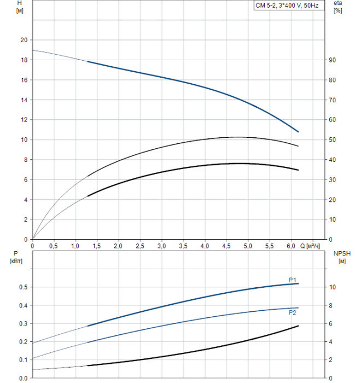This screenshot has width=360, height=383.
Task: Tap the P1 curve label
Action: pos(293,280)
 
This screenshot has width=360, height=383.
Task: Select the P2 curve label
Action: pos(293,312)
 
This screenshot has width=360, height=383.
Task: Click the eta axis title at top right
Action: pos(338,7)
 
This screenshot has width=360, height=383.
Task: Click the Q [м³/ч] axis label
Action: pos(310,246)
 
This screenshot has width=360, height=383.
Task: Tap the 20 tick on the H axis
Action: pos(23,40)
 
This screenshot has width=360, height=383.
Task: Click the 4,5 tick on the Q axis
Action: pos(227,246)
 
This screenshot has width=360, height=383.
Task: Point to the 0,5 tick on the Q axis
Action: pos(54,246)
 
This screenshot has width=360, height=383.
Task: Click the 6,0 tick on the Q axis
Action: pos(291,246)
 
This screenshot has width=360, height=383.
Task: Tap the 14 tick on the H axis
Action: pos(23,100)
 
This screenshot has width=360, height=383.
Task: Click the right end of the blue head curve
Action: pos(298,131)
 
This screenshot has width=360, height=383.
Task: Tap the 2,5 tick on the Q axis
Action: pos(140,246)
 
